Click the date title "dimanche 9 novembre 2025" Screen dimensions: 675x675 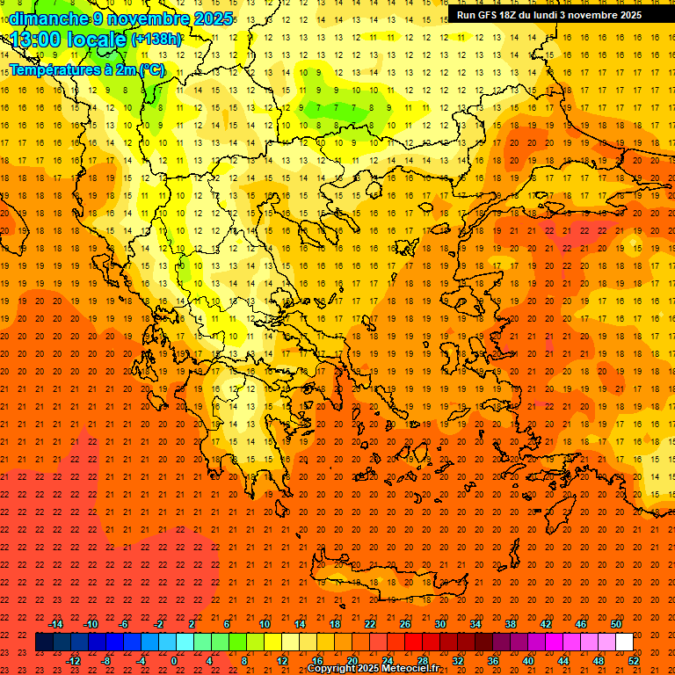[x=122, y=18]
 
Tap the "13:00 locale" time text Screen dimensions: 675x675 [x=69, y=40]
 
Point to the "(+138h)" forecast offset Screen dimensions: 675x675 [x=156, y=40]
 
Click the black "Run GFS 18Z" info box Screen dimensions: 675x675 [x=549, y=15]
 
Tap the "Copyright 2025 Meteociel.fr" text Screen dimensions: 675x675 [x=373, y=669]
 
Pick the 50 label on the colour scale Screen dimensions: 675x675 [x=616, y=624]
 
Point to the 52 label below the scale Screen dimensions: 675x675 [x=634, y=661]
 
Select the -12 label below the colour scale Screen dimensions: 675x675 [x=73, y=661]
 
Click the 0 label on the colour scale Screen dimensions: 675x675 [x=174, y=661]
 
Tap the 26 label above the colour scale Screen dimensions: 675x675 [x=405, y=624]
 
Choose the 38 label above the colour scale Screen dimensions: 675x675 [x=511, y=624]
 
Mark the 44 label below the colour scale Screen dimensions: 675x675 [x=563, y=661]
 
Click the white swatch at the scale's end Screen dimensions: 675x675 [x=625, y=642]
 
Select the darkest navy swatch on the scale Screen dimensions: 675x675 [x=44, y=642]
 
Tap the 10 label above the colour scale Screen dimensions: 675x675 [x=265, y=624]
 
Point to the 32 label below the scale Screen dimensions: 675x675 [x=458, y=661]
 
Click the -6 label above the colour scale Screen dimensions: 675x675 [x=124, y=624]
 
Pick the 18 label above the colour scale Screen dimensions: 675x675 [x=335, y=624]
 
